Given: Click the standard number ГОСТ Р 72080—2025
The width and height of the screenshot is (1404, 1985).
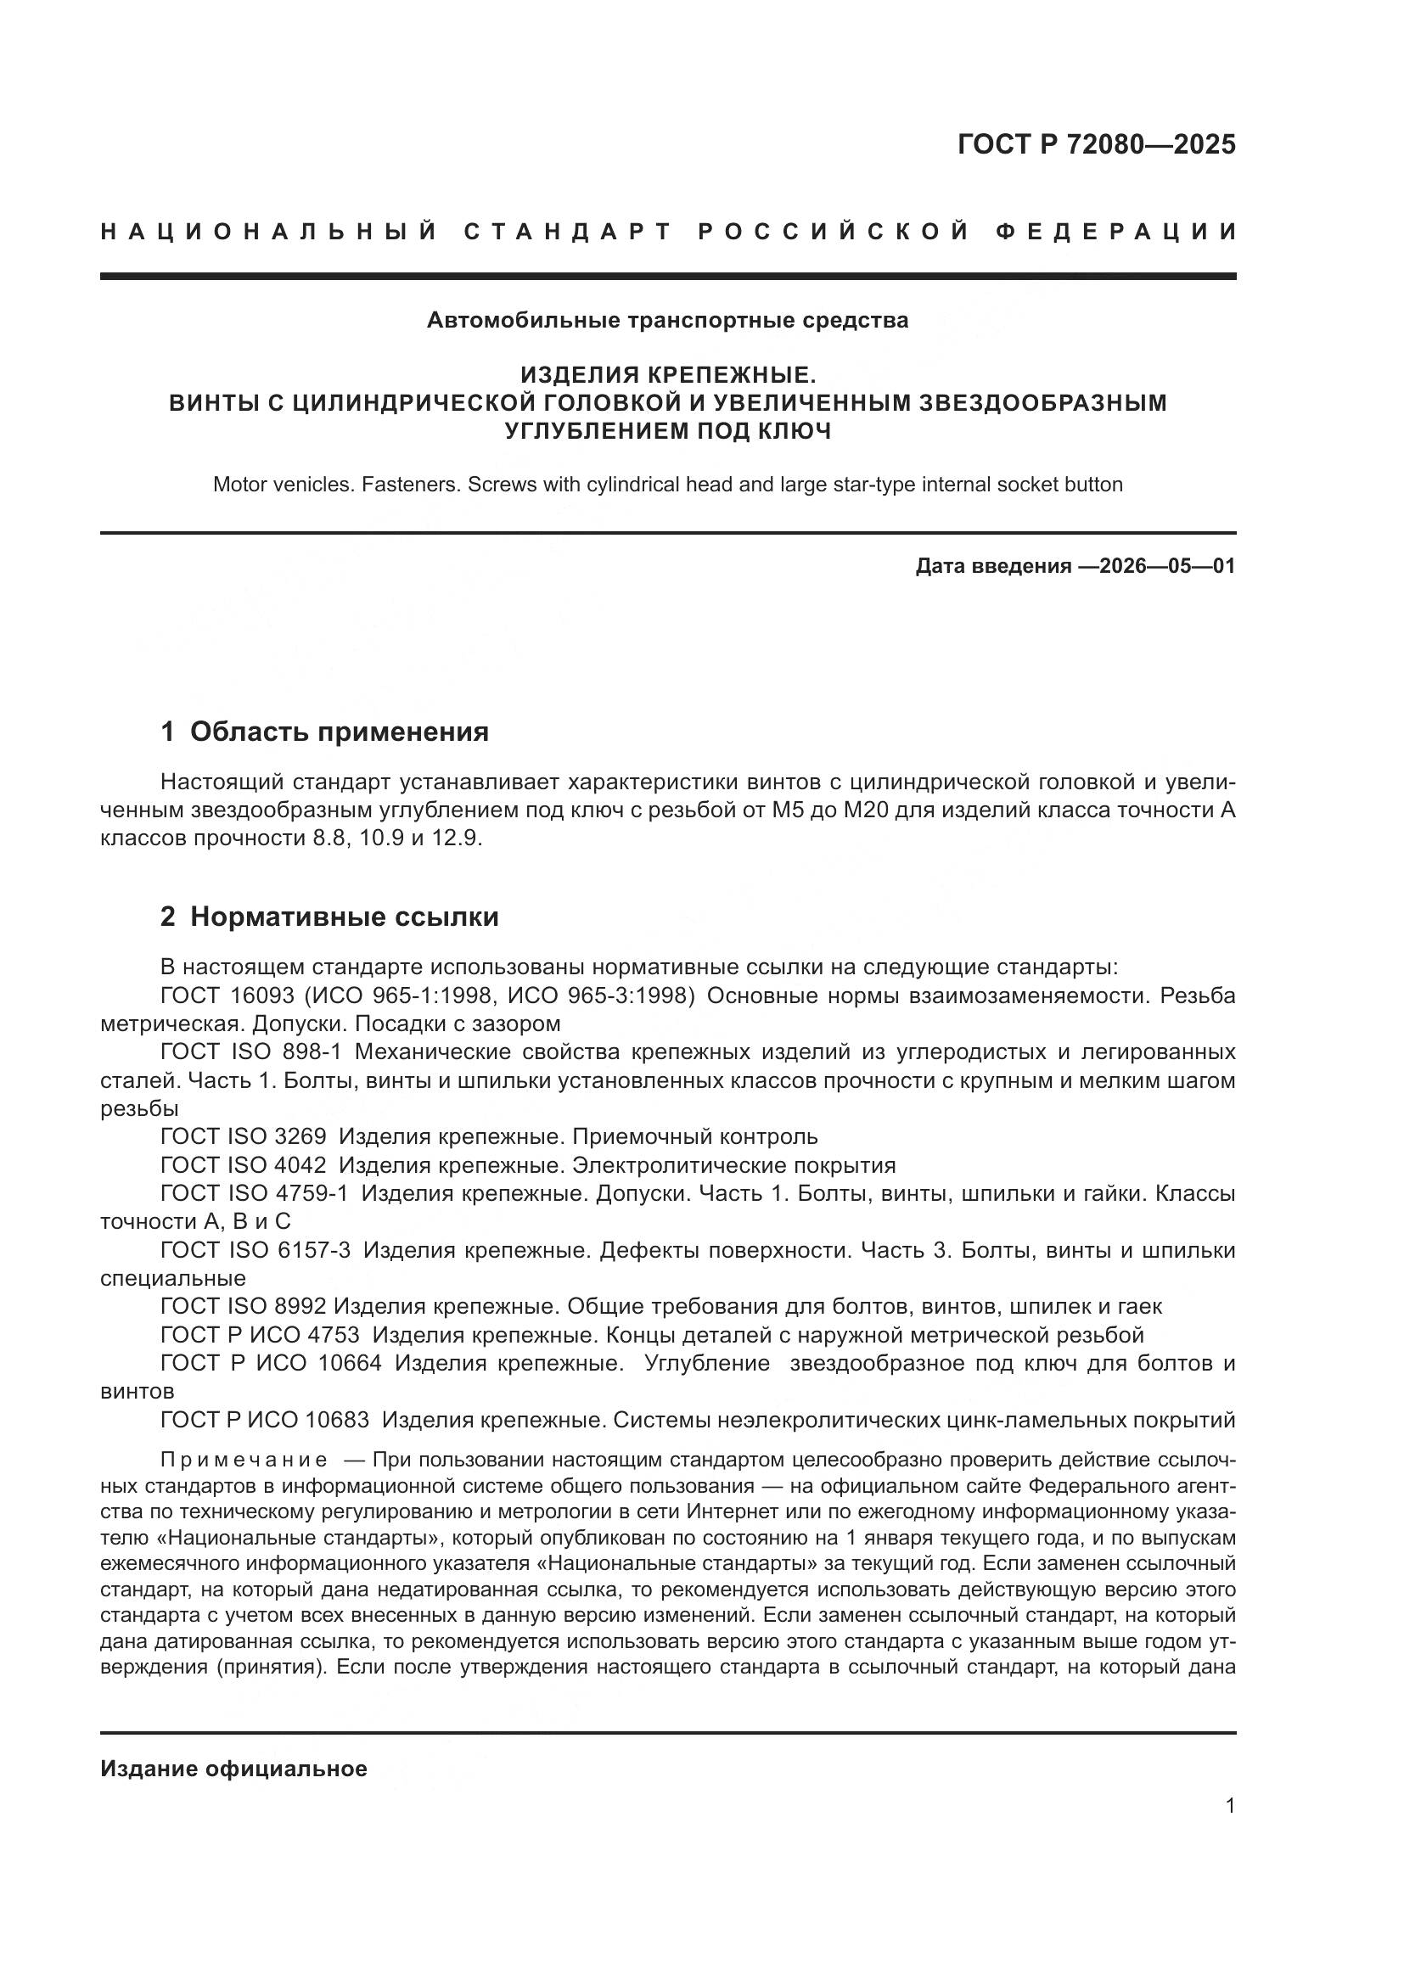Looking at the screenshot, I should pos(1096,144).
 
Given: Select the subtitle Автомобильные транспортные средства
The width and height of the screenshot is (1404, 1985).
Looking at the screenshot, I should pos(667,321).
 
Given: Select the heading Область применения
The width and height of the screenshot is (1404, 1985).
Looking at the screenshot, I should pos(339,732).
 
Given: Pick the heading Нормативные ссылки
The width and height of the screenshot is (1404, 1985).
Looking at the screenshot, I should pos(344,917).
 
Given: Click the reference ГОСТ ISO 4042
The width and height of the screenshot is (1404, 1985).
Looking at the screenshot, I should pos(243,1165).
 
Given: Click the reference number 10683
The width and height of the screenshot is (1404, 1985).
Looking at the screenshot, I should pos(337,1420).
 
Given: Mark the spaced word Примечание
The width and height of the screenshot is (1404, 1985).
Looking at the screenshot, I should pos(244,1461).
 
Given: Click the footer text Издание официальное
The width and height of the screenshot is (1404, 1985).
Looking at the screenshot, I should pos(233,1769).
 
